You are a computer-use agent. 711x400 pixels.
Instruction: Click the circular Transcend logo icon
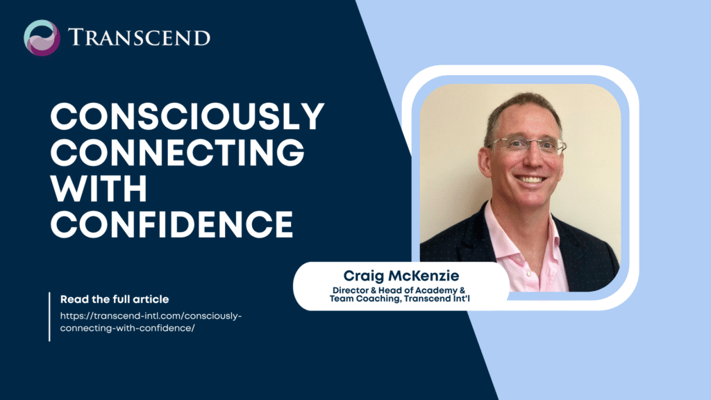(x=42, y=37)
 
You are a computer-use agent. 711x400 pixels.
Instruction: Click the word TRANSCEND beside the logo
(x=139, y=37)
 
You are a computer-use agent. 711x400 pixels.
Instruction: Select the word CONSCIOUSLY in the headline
(x=187, y=117)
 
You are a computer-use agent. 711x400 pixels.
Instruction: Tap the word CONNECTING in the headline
(x=177, y=152)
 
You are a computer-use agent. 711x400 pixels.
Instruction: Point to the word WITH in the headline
(x=99, y=188)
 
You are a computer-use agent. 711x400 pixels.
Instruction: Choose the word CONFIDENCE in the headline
(x=172, y=224)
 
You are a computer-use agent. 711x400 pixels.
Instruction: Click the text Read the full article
(x=115, y=299)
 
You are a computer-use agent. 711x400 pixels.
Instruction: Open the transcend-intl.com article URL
(x=151, y=322)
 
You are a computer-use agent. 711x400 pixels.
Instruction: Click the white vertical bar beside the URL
(x=49, y=317)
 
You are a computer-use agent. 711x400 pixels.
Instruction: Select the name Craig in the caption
(x=364, y=276)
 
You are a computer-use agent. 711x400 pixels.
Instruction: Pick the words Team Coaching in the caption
(x=365, y=299)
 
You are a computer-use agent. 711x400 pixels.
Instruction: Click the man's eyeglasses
(x=528, y=145)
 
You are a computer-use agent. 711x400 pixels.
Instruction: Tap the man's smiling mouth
(x=531, y=180)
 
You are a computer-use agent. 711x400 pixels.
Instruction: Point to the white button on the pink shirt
(x=528, y=274)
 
